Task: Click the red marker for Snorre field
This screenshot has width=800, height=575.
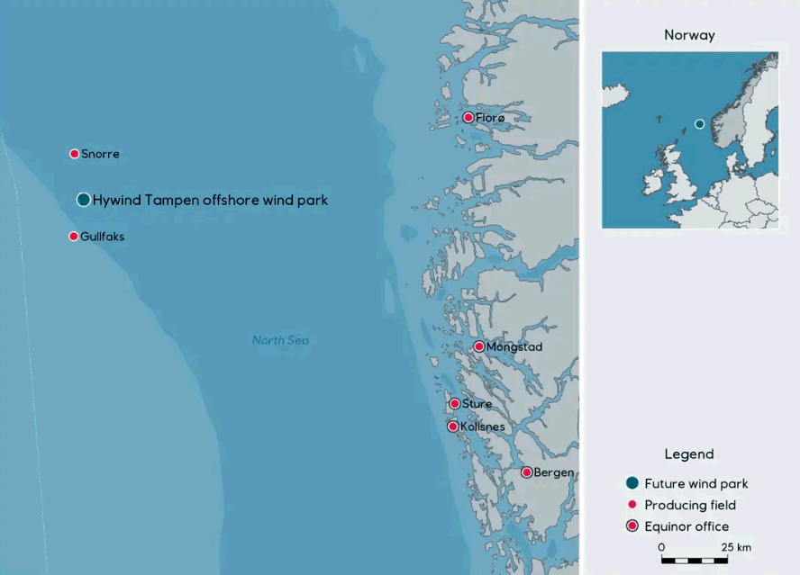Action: click(75, 154)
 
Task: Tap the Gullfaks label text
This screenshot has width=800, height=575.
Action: click(102, 237)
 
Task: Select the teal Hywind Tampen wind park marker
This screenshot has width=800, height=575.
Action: click(83, 200)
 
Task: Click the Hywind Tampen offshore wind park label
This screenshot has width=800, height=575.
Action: click(210, 201)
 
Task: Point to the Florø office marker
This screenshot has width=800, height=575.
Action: click(468, 118)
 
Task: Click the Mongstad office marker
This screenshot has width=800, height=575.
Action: click(479, 346)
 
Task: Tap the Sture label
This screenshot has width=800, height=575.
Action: click(477, 404)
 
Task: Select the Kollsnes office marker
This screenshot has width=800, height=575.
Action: click(453, 427)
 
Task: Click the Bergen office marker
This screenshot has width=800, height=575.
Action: click(527, 472)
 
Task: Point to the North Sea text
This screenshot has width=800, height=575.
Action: click(280, 340)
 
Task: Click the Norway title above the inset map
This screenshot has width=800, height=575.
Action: click(689, 35)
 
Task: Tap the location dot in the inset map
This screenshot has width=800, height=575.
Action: click(699, 124)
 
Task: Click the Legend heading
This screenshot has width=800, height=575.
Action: click(688, 454)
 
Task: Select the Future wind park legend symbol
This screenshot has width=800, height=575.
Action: click(632, 483)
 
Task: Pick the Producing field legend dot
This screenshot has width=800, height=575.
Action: click(632, 505)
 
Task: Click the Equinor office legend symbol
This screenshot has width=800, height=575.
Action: click(632, 526)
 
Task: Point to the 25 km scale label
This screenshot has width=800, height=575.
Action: click(736, 547)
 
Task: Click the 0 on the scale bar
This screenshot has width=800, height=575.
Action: click(661, 547)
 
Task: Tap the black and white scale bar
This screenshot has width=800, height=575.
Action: click(694, 560)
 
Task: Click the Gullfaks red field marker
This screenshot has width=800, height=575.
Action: click(74, 237)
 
